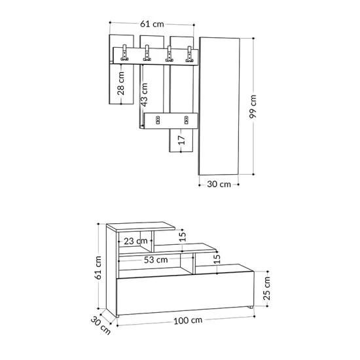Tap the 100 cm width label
click(x=188, y=321)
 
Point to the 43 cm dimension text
click(x=144, y=93)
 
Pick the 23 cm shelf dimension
click(x=136, y=241)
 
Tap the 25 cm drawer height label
click(x=266, y=285)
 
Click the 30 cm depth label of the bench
click(x=101, y=325)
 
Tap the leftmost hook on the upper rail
click(x=124, y=55)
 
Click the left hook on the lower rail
click(x=157, y=120)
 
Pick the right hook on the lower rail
click(x=187, y=120)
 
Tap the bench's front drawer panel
click(x=183, y=294)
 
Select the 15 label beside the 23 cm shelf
click(x=183, y=236)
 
